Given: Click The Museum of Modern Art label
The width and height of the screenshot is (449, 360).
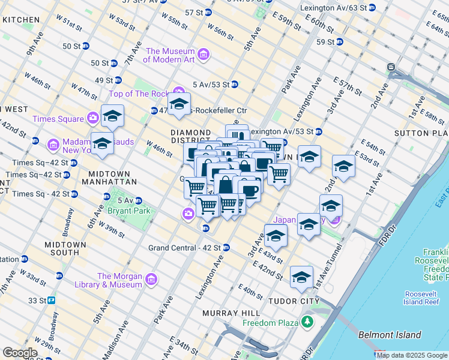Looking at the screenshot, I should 169,55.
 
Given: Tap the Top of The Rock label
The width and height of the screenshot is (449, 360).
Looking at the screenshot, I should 138,94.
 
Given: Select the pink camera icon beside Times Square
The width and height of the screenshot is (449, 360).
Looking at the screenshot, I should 93,118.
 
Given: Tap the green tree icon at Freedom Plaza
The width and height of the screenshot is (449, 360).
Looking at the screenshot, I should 308,323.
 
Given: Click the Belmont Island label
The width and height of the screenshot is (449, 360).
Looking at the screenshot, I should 390,335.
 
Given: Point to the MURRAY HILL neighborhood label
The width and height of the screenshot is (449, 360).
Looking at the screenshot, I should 231,313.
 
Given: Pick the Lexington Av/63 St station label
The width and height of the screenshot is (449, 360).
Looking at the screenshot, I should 332,8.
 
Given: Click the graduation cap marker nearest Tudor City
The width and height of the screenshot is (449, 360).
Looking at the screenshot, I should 301,278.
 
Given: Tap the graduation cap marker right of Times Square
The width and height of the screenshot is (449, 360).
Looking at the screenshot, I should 112,116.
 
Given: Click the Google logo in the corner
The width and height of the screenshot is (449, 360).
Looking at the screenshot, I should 20,353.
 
